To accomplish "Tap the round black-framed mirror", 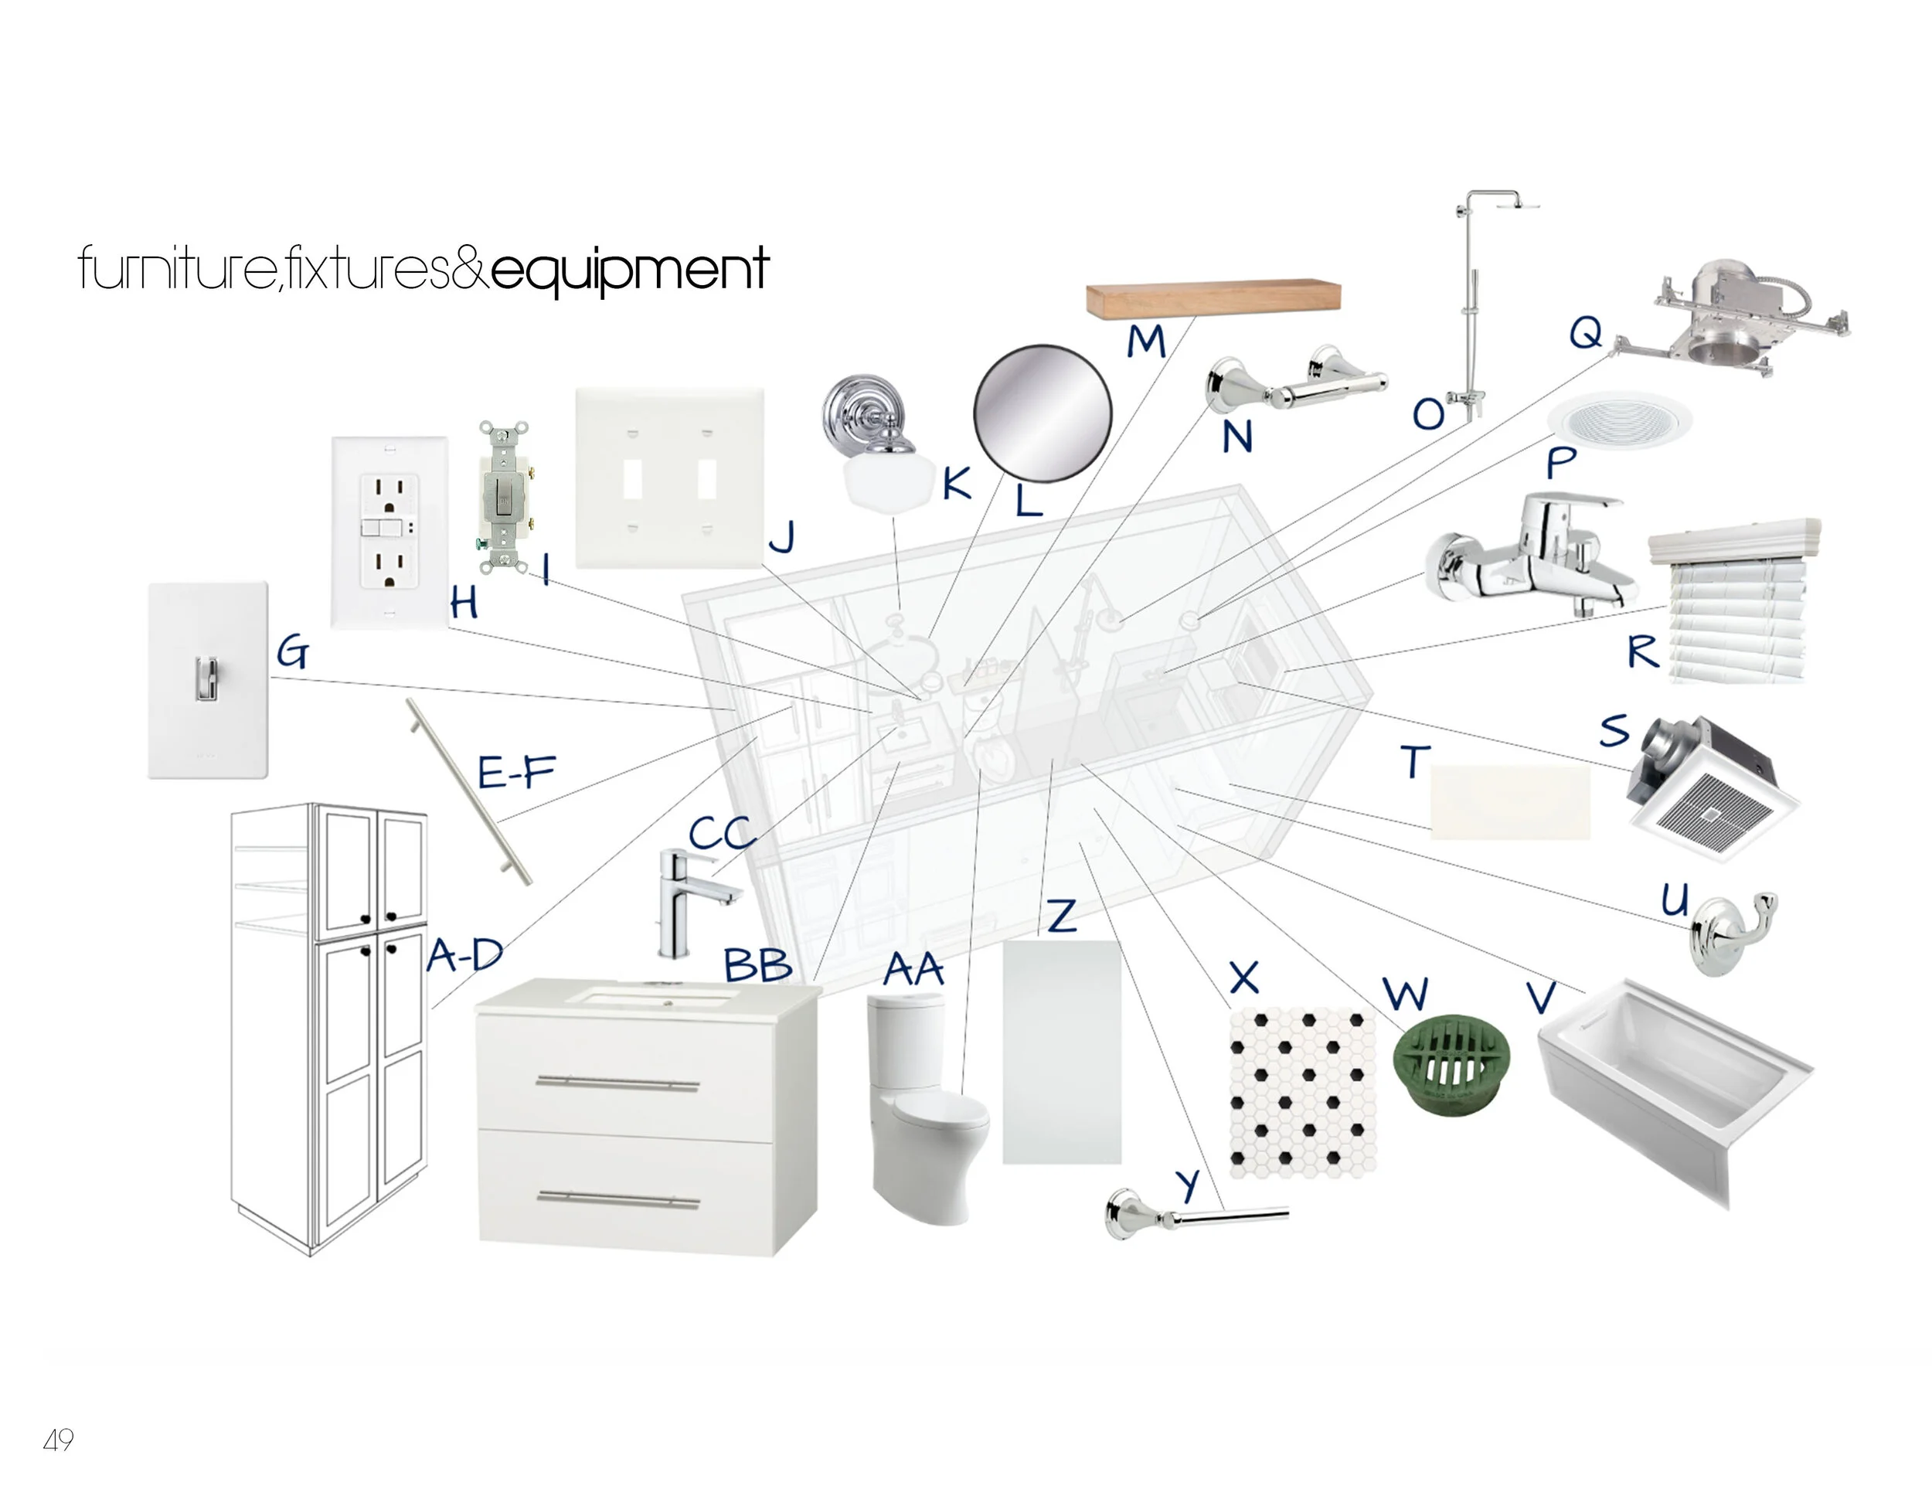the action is (x=1042, y=414).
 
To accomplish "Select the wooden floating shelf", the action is (x=1213, y=298).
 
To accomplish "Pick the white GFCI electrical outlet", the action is (x=389, y=532).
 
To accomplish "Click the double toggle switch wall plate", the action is (x=670, y=478).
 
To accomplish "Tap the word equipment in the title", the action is (x=630, y=269).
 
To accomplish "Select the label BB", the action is (x=757, y=965).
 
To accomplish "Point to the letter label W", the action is (x=1405, y=993).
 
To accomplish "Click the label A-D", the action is (x=465, y=955).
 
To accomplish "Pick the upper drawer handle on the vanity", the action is (x=617, y=1083).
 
